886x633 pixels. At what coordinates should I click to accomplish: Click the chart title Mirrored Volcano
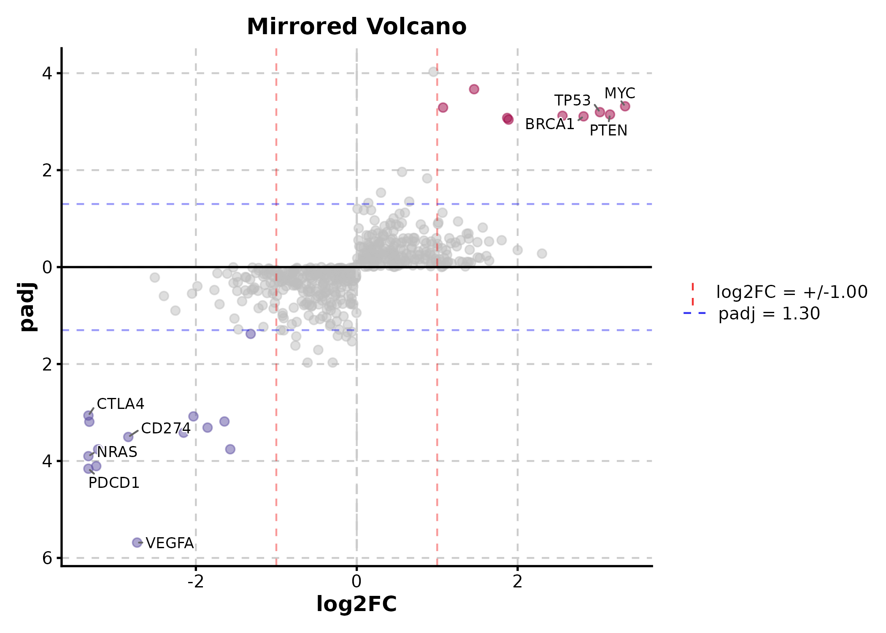pyautogui.click(x=357, y=27)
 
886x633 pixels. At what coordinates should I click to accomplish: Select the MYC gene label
pyautogui.click(x=619, y=93)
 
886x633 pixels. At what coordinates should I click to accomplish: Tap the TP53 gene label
pyautogui.click(x=572, y=100)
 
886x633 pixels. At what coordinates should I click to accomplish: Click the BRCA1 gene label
pyautogui.click(x=549, y=124)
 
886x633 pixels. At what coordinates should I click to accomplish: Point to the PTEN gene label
pyautogui.click(x=608, y=130)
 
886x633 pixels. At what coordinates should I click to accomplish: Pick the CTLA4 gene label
pyautogui.click(x=120, y=404)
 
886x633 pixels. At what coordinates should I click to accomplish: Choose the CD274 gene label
pyautogui.click(x=165, y=428)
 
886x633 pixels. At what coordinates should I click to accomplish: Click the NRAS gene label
pyautogui.click(x=117, y=452)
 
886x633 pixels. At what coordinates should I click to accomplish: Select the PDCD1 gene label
pyautogui.click(x=114, y=483)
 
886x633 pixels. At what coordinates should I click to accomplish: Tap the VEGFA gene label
pyautogui.click(x=170, y=543)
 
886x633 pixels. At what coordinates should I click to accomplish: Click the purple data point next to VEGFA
pyautogui.click(x=137, y=542)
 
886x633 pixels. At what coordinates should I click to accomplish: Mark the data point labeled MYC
pyautogui.click(x=625, y=106)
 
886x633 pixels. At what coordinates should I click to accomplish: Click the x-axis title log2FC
pyautogui.click(x=357, y=604)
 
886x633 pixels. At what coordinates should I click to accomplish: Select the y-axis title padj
pyautogui.click(x=28, y=307)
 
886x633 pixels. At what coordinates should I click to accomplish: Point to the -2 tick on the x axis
pyautogui.click(x=196, y=582)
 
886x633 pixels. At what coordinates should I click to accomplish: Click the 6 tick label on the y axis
pyautogui.click(x=47, y=558)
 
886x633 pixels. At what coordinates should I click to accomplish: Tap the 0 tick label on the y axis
pyautogui.click(x=47, y=267)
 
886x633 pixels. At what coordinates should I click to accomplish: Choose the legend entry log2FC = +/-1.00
pyautogui.click(x=791, y=292)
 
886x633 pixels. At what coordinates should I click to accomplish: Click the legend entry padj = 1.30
pyautogui.click(x=769, y=314)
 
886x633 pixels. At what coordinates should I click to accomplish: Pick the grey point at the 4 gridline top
pyautogui.click(x=433, y=72)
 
